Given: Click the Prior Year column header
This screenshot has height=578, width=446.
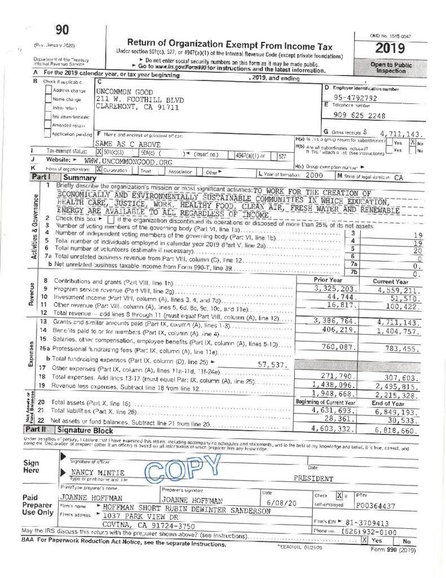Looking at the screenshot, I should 328,281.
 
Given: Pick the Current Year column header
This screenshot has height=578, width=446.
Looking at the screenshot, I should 391,281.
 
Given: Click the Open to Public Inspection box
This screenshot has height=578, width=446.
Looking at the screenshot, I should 391,68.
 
